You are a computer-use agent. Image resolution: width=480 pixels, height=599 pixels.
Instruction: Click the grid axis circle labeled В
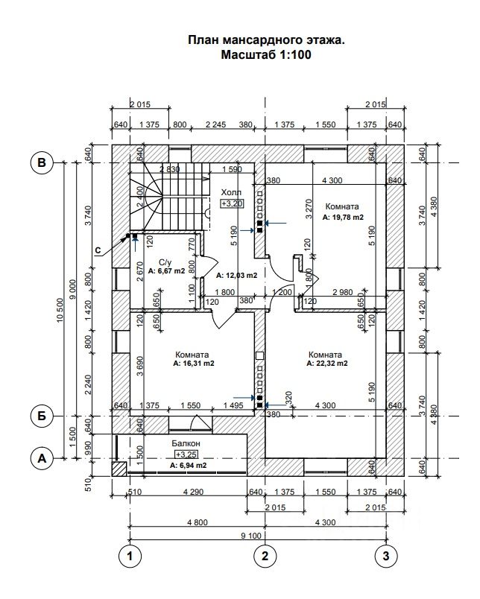click(42, 162)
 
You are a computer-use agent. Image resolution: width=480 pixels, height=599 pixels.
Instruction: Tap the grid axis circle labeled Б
click(42, 415)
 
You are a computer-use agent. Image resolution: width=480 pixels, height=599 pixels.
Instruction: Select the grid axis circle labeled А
click(42, 458)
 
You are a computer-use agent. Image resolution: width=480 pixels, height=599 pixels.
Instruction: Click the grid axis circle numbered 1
click(130, 555)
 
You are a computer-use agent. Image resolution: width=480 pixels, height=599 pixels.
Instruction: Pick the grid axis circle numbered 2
click(263, 555)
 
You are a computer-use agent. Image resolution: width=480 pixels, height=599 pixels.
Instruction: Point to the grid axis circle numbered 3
click(385, 555)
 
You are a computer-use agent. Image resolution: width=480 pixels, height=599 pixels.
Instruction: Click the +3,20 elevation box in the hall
click(232, 203)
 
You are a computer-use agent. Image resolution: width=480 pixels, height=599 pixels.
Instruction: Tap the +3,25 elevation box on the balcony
click(186, 454)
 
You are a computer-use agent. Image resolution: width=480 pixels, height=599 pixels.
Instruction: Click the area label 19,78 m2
click(343, 218)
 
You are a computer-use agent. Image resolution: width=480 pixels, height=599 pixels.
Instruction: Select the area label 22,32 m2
click(326, 364)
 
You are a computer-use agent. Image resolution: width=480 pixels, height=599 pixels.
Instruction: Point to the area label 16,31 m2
click(193, 364)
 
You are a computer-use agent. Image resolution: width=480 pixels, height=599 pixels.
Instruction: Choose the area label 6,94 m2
click(187, 465)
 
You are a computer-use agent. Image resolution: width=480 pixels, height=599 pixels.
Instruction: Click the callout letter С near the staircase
click(98, 250)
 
